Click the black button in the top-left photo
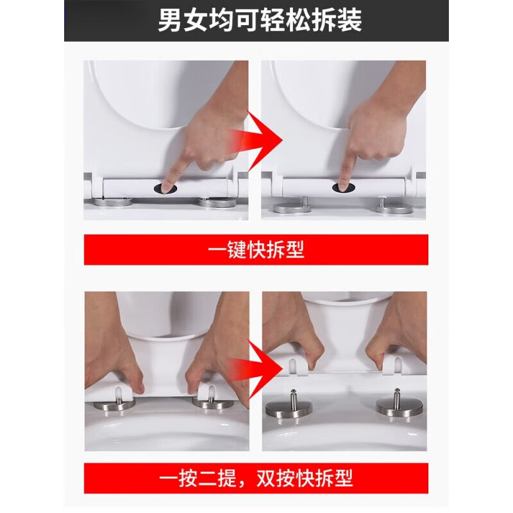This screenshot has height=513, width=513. click(165, 187)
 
